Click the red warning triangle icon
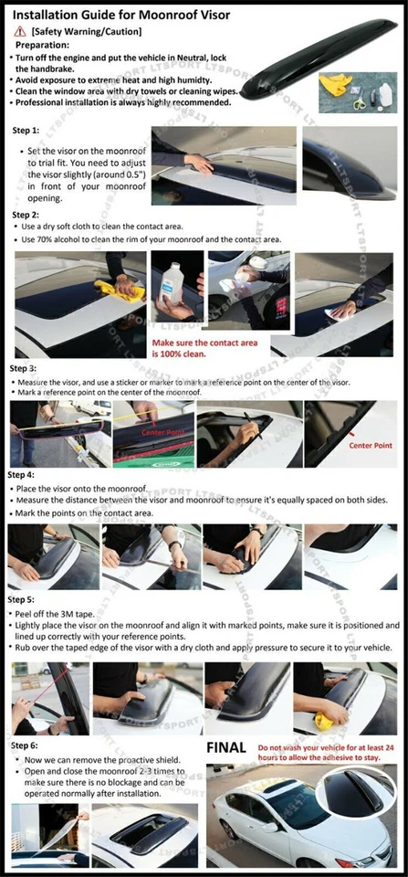(x=21, y=31)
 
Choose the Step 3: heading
(x=23, y=368)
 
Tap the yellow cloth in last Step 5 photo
(x=325, y=722)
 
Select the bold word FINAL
(x=226, y=747)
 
